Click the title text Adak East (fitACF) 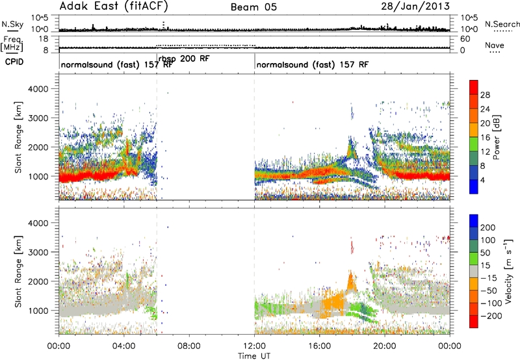pyautogui.click(x=114, y=6)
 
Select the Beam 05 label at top pyautogui.click(x=253, y=7)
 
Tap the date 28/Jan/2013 pyautogui.click(x=415, y=6)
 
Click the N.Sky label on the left pyautogui.click(x=12, y=24)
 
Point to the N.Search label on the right pyautogui.click(x=502, y=24)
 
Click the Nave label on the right pyautogui.click(x=495, y=45)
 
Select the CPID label pyautogui.click(x=14, y=62)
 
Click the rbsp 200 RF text pyautogui.click(x=184, y=59)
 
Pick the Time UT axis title pyautogui.click(x=254, y=356)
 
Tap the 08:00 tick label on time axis pyautogui.click(x=189, y=346)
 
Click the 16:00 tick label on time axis pyautogui.click(x=319, y=346)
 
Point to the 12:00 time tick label pyautogui.click(x=254, y=346)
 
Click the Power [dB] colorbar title pyautogui.click(x=497, y=137)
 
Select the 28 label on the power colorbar pyautogui.click(x=485, y=95)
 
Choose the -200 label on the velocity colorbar pyautogui.click(x=490, y=316)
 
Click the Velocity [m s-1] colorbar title pyautogui.click(x=508, y=272)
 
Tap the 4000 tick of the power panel pyautogui.click(x=38, y=89)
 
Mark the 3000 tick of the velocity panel pyautogui.click(x=38, y=252)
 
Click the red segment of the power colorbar pyautogui.click(x=474, y=88)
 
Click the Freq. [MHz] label pyautogui.click(x=12, y=44)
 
